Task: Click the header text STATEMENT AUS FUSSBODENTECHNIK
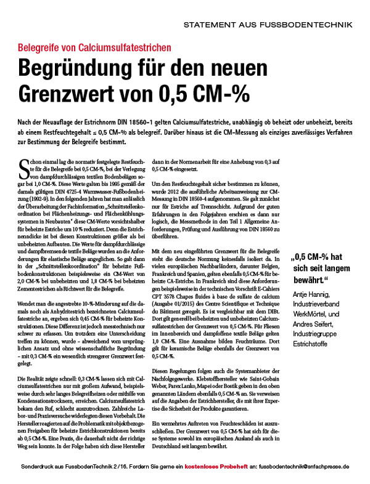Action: (x=268, y=25)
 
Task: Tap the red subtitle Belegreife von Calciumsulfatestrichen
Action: (x=94, y=47)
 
